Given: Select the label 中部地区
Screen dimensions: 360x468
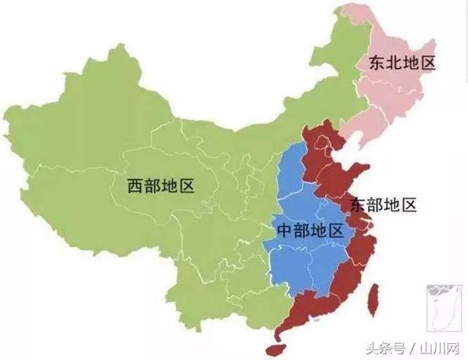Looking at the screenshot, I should (309, 231).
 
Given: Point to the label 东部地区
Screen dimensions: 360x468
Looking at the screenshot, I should (382, 204).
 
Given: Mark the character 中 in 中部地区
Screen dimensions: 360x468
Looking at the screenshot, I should (284, 231).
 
